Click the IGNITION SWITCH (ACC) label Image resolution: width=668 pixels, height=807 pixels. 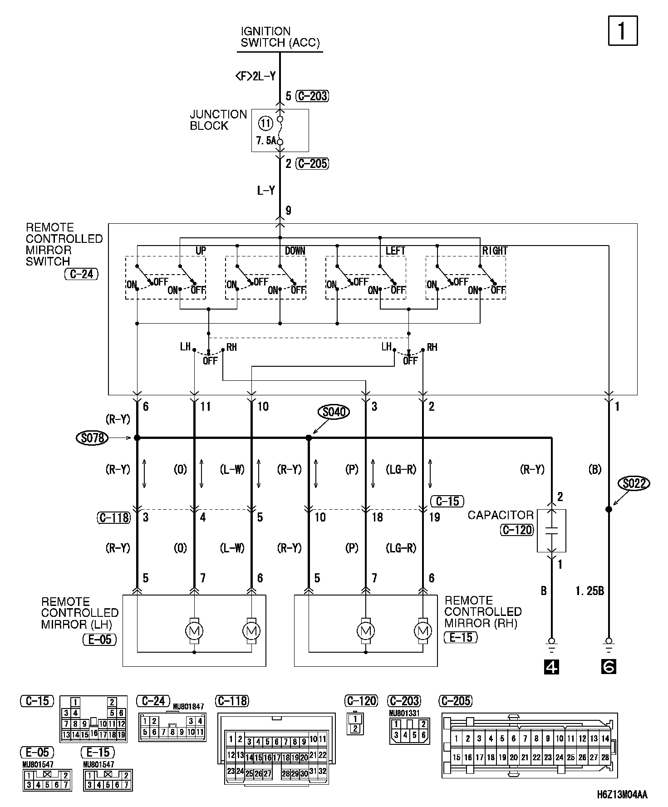tap(280, 37)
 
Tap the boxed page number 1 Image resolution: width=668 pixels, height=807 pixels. tap(623, 31)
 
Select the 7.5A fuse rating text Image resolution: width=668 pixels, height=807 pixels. tap(266, 141)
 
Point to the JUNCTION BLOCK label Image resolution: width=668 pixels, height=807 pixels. tap(218, 120)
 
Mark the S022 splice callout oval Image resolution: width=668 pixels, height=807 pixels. tap(634, 484)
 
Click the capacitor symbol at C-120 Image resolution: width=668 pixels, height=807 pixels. tap(551, 531)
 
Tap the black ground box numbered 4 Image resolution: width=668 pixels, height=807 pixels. tap(551, 666)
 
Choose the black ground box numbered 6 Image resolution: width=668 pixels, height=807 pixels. tap(609, 666)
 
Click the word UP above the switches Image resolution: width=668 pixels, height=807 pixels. tap(201, 251)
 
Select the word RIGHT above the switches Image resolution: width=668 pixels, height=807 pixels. tap(495, 251)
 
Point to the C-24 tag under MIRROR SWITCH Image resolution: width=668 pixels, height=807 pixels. tap(81, 274)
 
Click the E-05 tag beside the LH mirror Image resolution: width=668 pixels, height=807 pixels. tap(99, 640)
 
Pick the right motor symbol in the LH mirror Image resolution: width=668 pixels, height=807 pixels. tap(251, 630)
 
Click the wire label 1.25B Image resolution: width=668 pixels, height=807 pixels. tap(589, 590)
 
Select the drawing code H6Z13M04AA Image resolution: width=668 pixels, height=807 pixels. tap(622, 794)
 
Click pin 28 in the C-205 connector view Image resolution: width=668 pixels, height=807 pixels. tap(605, 757)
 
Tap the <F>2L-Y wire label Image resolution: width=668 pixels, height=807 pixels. tap(255, 76)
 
